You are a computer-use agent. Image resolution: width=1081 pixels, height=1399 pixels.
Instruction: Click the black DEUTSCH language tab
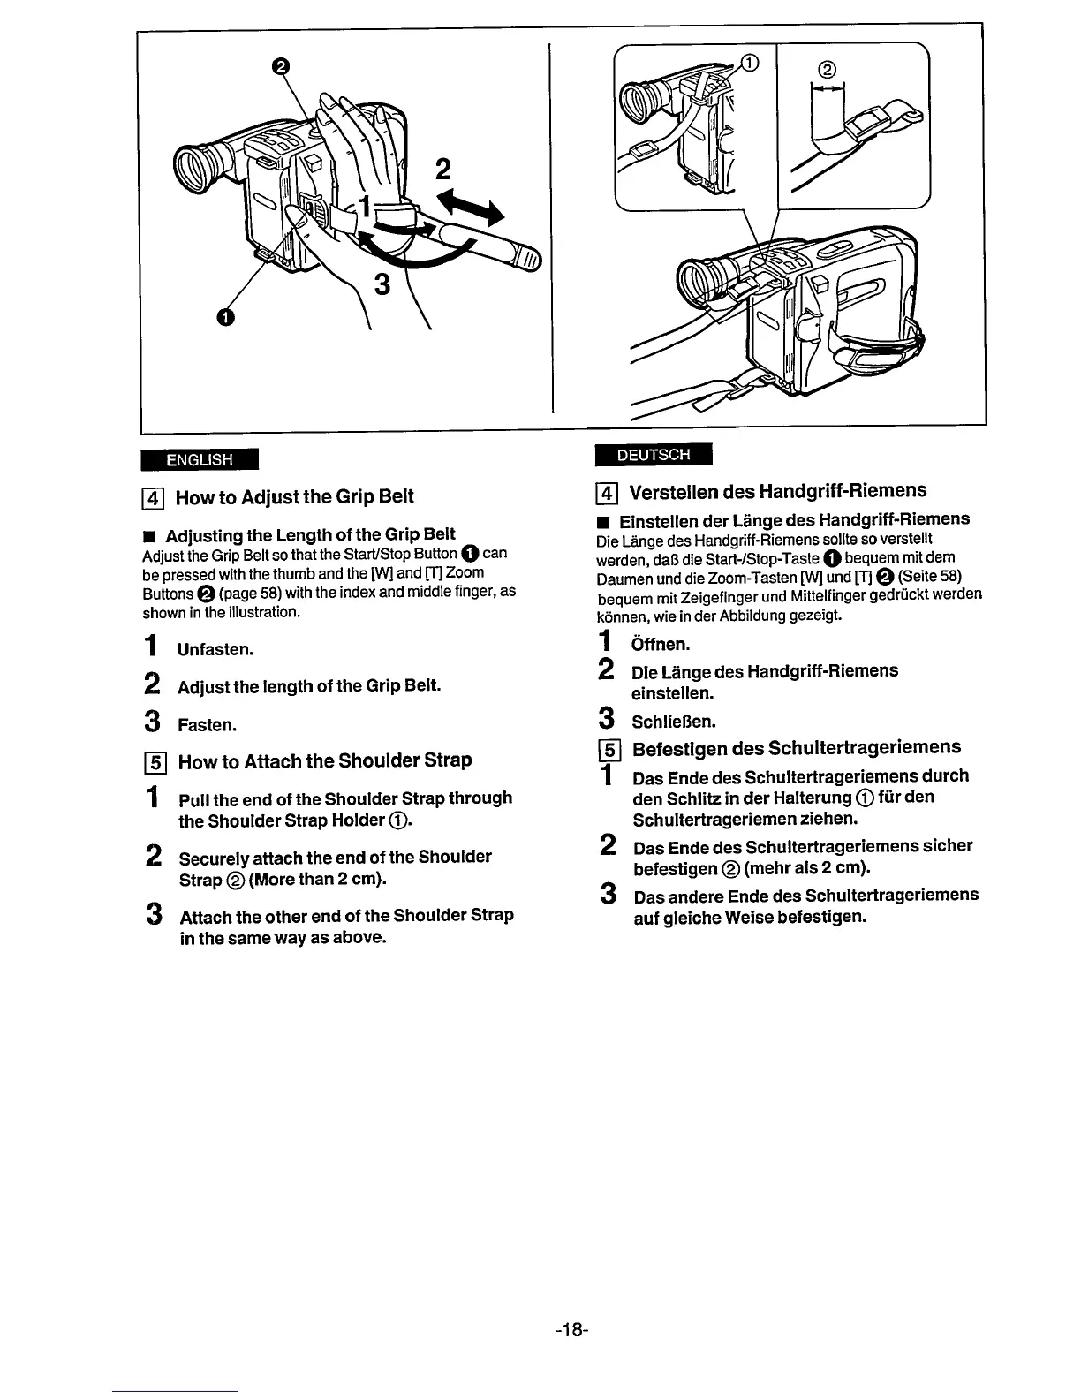(x=654, y=455)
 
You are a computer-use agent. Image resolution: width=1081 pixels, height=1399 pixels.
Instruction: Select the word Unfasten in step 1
(x=215, y=650)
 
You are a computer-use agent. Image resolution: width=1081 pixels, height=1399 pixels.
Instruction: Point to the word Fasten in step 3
(x=207, y=726)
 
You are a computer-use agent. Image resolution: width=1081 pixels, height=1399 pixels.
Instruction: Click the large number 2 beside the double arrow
(x=442, y=169)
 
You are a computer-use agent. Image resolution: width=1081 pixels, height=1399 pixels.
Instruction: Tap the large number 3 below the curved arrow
(x=382, y=284)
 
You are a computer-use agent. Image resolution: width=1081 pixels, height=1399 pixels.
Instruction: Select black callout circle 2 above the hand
(x=280, y=66)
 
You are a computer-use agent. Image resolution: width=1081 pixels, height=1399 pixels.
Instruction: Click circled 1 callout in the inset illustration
(x=748, y=63)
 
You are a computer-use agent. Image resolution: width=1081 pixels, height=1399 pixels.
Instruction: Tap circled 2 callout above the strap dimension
(x=828, y=70)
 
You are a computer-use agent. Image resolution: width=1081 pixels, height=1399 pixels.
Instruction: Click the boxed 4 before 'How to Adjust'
(x=151, y=497)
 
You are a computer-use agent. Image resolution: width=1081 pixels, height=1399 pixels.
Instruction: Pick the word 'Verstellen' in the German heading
(x=673, y=491)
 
